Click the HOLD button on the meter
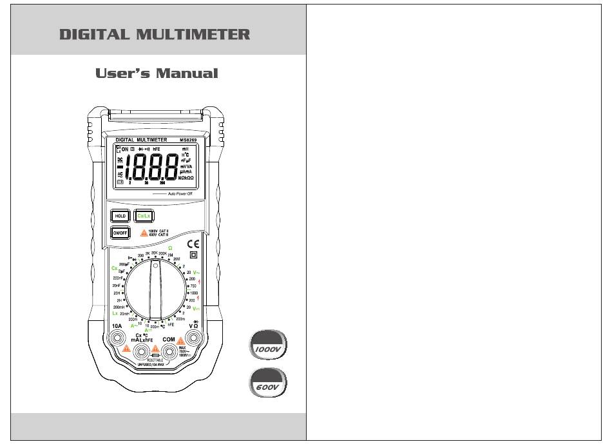(x=120, y=217)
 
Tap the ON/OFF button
(x=120, y=233)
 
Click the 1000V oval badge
(x=267, y=347)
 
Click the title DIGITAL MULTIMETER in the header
(x=155, y=35)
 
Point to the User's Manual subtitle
(x=157, y=73)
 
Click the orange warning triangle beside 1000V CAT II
(x=144, y=233)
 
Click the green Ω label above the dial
(x=170, y=247)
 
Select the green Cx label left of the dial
(x=115, y=267)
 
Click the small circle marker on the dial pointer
(x=155, y=264)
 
